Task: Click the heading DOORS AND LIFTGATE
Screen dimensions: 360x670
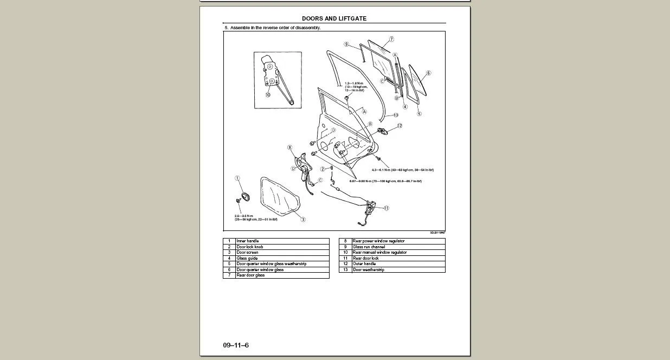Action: (334, 18)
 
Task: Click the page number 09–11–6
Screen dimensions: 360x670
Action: (236, 345)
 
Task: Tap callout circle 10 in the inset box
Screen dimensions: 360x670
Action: (268, 95)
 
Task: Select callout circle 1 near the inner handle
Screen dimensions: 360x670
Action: (237, 178)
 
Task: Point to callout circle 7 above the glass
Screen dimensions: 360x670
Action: (391, 40)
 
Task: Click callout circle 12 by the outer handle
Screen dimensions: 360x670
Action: (400, 126)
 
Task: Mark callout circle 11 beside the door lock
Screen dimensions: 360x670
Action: (386, 208)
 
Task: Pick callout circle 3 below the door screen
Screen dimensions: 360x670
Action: (303, 220)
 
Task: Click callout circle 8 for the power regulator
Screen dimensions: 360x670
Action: (290, 147)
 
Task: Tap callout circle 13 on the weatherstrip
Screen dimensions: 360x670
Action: (396, 115)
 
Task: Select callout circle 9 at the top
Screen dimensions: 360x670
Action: (346, 44)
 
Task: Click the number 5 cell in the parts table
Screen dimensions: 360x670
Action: (229, 264)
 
